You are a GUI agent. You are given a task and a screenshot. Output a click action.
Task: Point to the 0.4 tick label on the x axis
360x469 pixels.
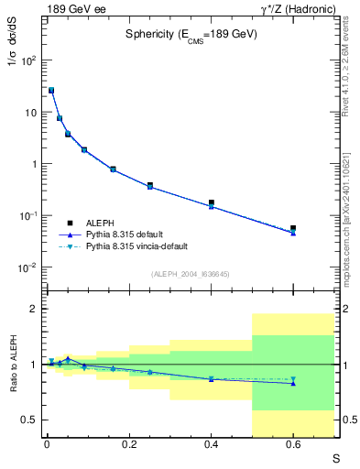tap(210, 445)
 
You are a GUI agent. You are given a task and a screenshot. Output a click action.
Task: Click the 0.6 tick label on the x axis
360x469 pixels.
tap(293, 445)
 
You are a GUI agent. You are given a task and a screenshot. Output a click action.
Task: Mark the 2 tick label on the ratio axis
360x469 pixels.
tap(35, 309)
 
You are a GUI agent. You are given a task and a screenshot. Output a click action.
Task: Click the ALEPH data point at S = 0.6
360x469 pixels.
tap(293, 228)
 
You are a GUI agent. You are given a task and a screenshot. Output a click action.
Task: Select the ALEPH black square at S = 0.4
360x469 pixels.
tap(211, 202)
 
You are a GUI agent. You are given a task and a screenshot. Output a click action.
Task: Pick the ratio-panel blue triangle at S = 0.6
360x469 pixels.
tap(293, 383)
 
